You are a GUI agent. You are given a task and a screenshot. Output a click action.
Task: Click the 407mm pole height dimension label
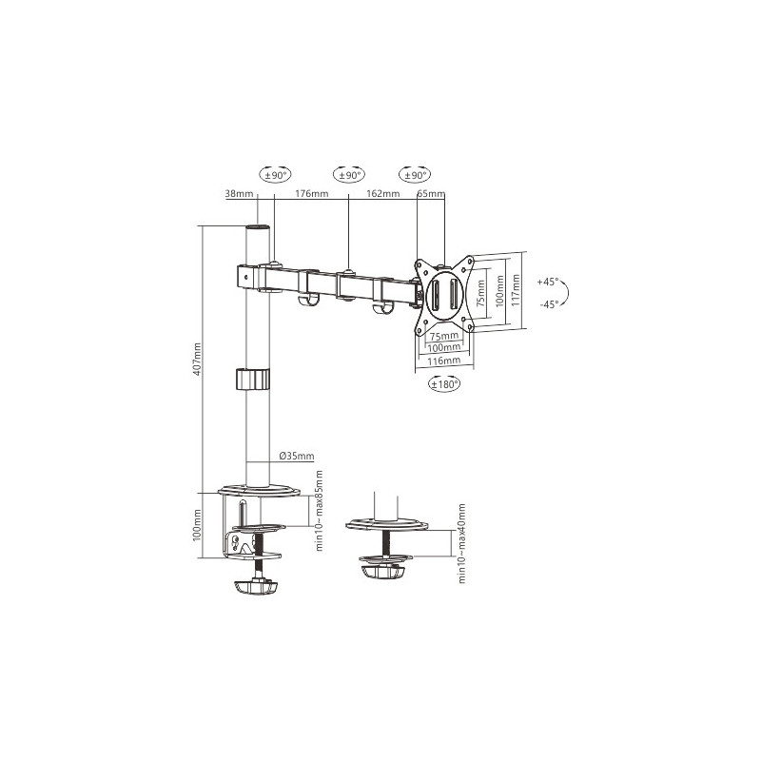click(x=197, y=360)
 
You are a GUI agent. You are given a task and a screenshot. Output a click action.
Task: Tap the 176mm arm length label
click(x=312, y=194)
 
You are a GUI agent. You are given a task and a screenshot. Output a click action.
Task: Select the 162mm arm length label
click(x=383, y=194)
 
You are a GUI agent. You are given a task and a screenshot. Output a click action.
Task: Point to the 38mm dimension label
click(x=240, y=194)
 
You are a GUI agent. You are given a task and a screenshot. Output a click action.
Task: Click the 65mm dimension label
click(x=431, y=194)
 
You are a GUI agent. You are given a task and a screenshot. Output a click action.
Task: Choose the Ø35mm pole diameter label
click(x=297, y=457)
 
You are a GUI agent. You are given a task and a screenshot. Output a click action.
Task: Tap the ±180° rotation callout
click(x=444, y=384)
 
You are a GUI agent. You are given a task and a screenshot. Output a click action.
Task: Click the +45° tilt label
click(x=548, y=282)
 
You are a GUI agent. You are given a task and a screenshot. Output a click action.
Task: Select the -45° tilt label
click(x=549, y=304)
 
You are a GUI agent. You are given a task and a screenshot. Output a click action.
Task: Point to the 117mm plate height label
click(x=516, y=290)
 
